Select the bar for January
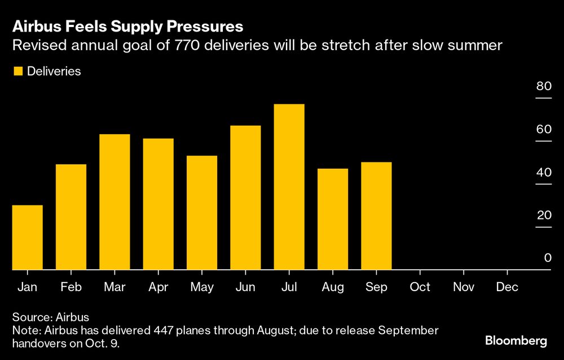(27, 238)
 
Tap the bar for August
(333, 219)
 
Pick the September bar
(376, 216)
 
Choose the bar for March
(114, 202)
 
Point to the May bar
(202, 213)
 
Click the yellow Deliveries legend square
(17, 72)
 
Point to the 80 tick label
(543, 86)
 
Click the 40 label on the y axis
(543, 172)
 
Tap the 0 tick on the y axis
(547, 258)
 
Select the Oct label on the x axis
(420, 287)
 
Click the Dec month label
(507, 287)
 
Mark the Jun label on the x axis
(245, 287)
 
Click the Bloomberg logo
(516, 341)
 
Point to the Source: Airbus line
(51, 317)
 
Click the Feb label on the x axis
(70, 287)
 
